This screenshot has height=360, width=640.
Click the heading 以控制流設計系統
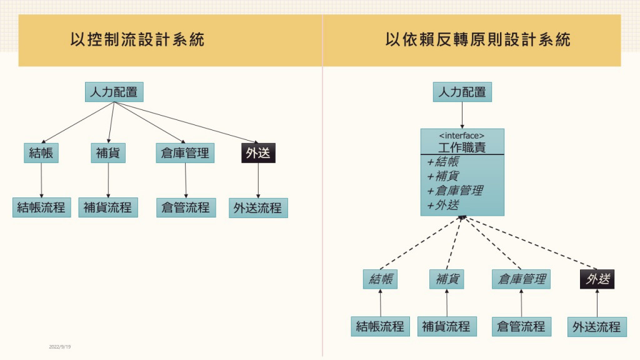pyautogui.click(x=137, y=40)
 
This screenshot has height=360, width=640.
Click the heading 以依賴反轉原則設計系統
pyautogui.click(x=478, y=40)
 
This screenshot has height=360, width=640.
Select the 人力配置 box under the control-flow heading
pyautogui.click(x=114, y=92)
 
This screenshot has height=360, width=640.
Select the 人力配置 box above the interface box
pyautogui.click(x=462, y=92)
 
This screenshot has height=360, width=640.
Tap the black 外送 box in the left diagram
pyautogui.click(x=258, y=153)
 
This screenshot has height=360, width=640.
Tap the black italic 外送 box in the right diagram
pyautogui.click(x=597, y=279)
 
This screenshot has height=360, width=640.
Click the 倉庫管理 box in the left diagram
pyautogui.click(x=185, y=153)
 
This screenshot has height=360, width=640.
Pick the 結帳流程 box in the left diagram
pyautogui.click(x=42, y=207)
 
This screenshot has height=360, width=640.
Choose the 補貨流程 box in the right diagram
pyautogui.click(x=447, y=326)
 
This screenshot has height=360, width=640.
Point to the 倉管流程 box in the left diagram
pyautogui.click(x=186, y=207)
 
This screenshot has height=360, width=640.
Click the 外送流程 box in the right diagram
pyautogui.click(x=597, y=326)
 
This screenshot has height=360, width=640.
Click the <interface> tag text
pyautogui.click(x=462, y=135)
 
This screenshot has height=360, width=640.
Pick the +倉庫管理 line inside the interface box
pyautogui.click(x=454, y=191)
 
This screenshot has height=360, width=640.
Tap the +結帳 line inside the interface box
pyautogui.click(x=443, y=161)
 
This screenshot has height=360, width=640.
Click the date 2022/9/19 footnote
pyautogui.click(x=60, y=346)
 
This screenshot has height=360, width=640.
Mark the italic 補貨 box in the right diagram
pyautogui.click(x=447, y=279)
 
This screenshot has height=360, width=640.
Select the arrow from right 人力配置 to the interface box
pyautogui.click(x=462, y=115)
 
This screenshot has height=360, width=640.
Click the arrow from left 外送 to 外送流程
pyautogui.click(x=259, y=181)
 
